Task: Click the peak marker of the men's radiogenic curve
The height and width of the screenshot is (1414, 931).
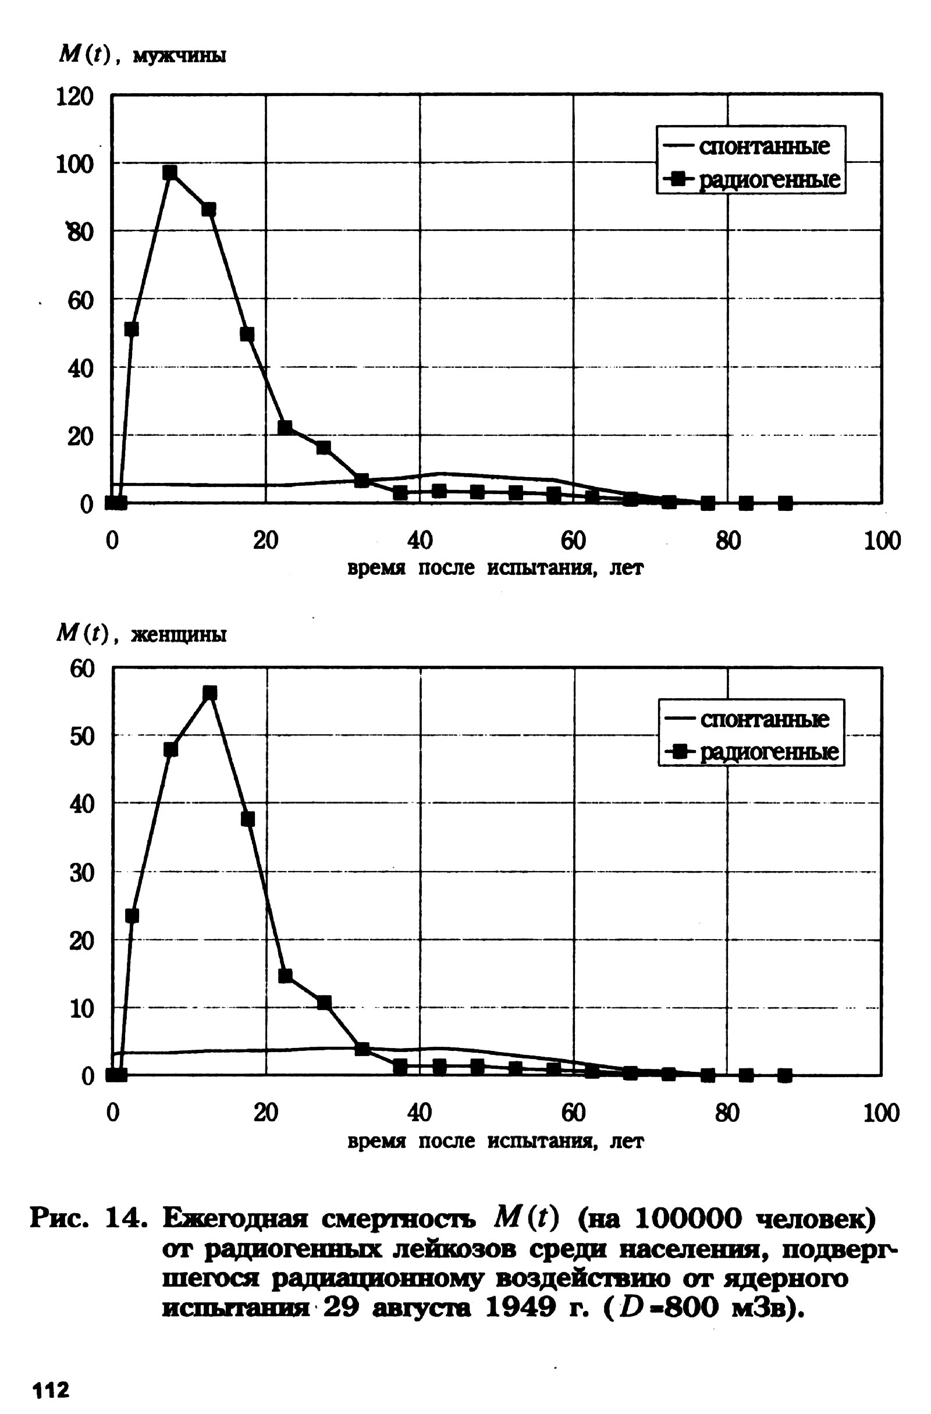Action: coord(170,172)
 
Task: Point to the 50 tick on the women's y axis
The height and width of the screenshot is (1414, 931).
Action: coord(82,737)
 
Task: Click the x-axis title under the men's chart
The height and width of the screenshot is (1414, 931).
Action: coord(495,569)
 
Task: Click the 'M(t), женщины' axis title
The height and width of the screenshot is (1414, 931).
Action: coord(141,634)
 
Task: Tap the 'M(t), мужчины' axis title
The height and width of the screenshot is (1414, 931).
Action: coord(142,56)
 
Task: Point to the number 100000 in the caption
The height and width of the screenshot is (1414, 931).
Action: coord(688,1219)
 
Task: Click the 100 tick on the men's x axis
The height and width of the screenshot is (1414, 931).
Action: coord(882,541)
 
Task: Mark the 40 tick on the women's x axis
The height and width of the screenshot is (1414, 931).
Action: coord(420,1113)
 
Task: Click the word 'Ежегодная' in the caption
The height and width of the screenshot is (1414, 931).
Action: coord(235,1219)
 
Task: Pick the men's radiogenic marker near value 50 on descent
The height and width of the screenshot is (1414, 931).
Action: coord(247,334)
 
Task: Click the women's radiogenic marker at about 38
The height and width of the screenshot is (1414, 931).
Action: coord(248,819)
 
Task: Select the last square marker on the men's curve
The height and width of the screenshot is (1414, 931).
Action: coord(785,503)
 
